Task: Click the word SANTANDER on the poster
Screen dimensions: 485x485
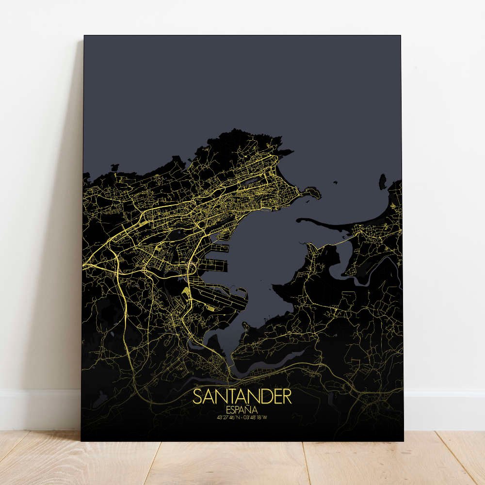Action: click(x=242, y=397)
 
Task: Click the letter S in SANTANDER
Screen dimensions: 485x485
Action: click(x=198, y=397)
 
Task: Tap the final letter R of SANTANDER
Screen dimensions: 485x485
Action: click(x=287, y=397)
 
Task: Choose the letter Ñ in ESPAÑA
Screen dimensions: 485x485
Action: click(x=248, y=410)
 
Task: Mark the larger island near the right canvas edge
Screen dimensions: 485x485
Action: click(x=383, y=182)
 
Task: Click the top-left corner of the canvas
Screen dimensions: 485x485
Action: click(x=84, y=35)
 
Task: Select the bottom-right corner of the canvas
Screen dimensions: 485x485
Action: click(x=404, y=441)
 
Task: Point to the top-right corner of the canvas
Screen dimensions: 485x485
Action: click(x=401, y=35)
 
